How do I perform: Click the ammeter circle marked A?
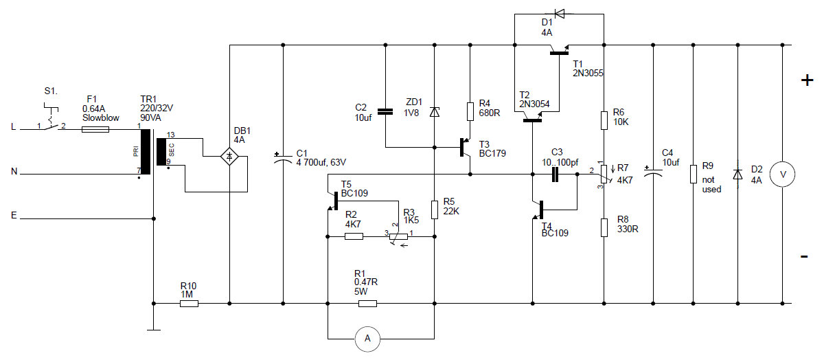pyautogui.click(x=367, y=338)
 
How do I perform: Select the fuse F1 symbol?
pyautogui.click(x=91, y=128)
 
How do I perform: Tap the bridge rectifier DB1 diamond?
pyautogui.click(x=229, y=157)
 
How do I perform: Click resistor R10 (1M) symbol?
pyautogui.click(x=189, y=302)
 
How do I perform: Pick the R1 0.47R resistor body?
pyautogui.click(x=367, y=302)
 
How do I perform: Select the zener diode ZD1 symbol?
pyautogui.click(x=434, y=111)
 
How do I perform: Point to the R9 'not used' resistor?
pyautogui.click(x=694, y=174)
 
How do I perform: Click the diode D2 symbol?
pyautogui.click(x=737, y=174)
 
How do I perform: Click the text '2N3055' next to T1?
pyautogui.click(x=588, y=72)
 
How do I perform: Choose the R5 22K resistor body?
pyautogui.click(x=434, y=209)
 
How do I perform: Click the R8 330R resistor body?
pyautogui.click(x=604, y=227)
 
